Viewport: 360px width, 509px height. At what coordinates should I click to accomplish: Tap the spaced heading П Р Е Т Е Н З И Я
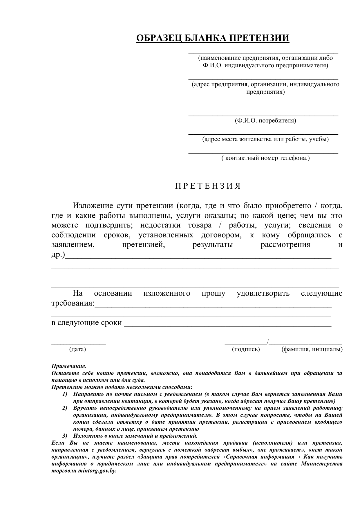pyautogui.click(x=208, y=186)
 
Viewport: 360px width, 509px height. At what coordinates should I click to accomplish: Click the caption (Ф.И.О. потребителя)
pyautogui.click(x=265, y=120)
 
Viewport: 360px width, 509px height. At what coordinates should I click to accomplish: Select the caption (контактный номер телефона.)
pyautogui.click(x=265, y=158)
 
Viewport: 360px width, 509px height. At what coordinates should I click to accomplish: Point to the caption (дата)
pyautogui.click(x=77, y=349)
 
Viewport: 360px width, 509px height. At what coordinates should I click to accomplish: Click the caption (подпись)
pyautogui.click(x=246, y=349)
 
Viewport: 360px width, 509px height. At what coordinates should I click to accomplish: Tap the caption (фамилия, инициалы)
pyautogui.click(x=312, y=349)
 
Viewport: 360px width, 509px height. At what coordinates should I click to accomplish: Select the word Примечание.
pyautogui.click(x=69, y=367)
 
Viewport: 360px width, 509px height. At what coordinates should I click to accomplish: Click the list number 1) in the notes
pyautogui.click(x=65, y=394)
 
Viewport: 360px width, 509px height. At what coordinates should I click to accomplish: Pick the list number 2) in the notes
pyautogui.click(x=65, y=408)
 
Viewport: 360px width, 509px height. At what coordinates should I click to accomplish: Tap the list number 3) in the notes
pyautogui.click(x=65, y=436)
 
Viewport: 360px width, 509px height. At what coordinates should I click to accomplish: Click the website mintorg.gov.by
pyautogui.click(x=97, y=471)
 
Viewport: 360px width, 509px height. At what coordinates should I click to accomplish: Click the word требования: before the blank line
pyautogui.click(x=73, y=304)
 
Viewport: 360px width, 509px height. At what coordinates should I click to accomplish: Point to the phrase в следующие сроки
pyautogui.click(x=86, y=323)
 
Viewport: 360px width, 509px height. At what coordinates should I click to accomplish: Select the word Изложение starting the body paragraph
pyautogui.click(x=93, y=206)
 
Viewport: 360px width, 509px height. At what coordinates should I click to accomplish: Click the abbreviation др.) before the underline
pyautogui.click(x=58, y=255)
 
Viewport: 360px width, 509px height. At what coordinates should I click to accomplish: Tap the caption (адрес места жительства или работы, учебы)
pyautogui.click(x=265, y=139)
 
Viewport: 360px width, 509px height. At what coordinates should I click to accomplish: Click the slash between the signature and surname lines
pyautogui.click(x=268, y=342)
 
